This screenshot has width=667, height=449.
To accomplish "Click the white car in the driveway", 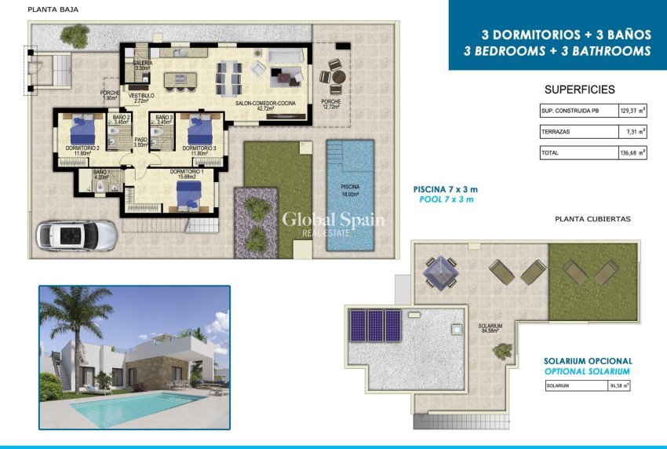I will click(77, 234).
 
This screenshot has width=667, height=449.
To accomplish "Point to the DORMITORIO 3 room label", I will click(199, 148).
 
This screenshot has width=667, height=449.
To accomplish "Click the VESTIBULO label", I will click(141, 95).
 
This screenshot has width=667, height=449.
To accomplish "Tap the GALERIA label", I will click(143, 63).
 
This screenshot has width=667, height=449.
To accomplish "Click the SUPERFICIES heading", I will click(579, 89).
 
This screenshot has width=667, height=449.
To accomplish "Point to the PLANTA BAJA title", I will click(53, 10).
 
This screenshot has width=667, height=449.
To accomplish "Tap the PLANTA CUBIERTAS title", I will click(592, 219).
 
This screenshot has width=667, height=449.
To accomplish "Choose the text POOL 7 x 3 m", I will click(444, 200).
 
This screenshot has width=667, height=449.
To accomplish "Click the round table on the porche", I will click(337, 77).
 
